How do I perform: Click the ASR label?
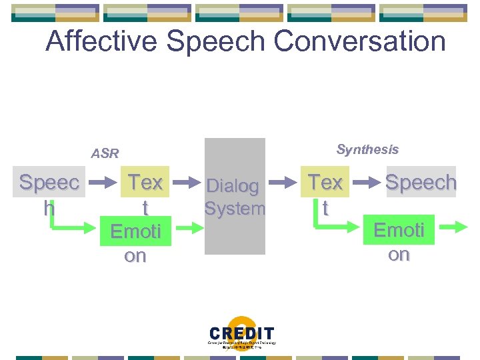point(105,154)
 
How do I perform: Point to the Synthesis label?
point(367,149)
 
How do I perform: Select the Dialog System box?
point(235,197)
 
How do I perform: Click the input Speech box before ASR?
point(49,194)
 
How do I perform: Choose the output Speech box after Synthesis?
point(421,182)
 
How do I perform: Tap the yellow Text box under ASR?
point(145,193)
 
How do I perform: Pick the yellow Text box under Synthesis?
point(325,193)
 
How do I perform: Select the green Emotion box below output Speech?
point(399,241)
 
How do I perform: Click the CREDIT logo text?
point(241,333)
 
